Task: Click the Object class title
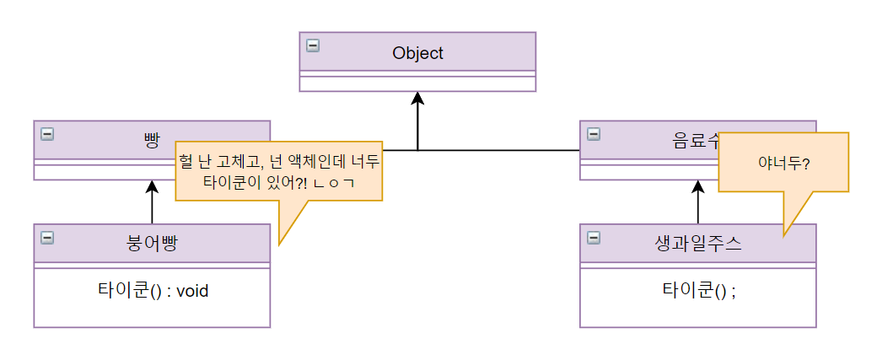pyautogui.click(x=417, y=53)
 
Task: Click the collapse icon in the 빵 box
pyautogui.click(x=47, y=133)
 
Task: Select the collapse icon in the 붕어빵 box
pyautogui.click(x=47, y=238)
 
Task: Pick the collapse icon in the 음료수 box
pyautogui.click(x=594, y=133)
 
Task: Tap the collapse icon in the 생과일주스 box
pyautogui.click(x=594, y=238)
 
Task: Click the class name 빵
pyautogui.click(x=152, y=140)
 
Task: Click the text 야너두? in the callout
pyautogui.click(x=783, y=162)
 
